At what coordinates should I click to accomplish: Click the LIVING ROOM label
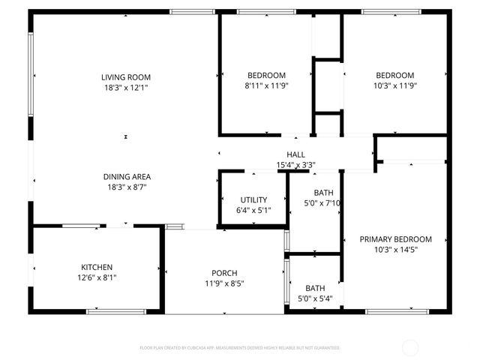[x=126, y=76]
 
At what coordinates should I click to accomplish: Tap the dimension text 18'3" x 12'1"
[x=126, y=88]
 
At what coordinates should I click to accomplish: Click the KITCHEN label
[x=97, y=267]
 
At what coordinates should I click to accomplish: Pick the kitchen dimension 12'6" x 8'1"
[x=97, y=277]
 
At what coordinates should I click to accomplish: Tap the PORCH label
[x=224, y=273]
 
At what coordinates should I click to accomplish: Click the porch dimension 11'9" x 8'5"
[x=224, y=283]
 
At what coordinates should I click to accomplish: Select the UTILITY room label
[x=253, y=199]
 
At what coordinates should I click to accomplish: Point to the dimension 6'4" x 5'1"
[x=253, y=210]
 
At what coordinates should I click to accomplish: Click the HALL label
[x=295, y=155]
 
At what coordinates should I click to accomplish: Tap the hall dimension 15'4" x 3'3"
[x=295, y=165]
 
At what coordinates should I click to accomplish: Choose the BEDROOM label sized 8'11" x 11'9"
[x=266, y=75]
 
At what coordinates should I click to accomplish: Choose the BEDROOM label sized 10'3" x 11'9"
[x=394, y=75]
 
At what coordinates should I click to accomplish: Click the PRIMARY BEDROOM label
[x=395, y=239]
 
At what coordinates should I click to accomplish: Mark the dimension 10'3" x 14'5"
[x=395, y=250]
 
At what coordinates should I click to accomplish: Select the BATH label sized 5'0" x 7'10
[x=314, y=192]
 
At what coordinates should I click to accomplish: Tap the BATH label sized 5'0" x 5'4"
[x=314, y=288]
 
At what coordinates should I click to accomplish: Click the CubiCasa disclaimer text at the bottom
[x=239, y=348]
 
